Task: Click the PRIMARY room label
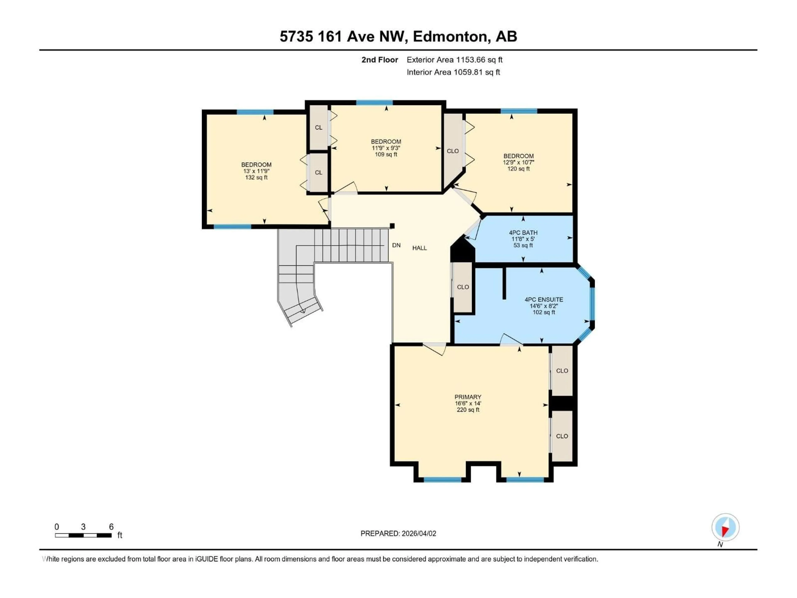coord(468,397)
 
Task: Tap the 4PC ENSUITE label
coord(544,300)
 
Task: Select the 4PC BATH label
coord(523,233)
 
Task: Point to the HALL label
coord(419,248)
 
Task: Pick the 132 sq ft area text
coord(256,177)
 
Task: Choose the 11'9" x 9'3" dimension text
coord(386,148)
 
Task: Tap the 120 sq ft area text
coord(518,169)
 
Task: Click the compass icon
coord(725,527)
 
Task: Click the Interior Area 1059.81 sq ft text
coord(453,72)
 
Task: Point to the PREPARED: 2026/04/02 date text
coord(398,533)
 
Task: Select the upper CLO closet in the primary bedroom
coord(562,371)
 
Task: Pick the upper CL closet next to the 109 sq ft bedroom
coord(319,128)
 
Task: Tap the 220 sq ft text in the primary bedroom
coord(468,410)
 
